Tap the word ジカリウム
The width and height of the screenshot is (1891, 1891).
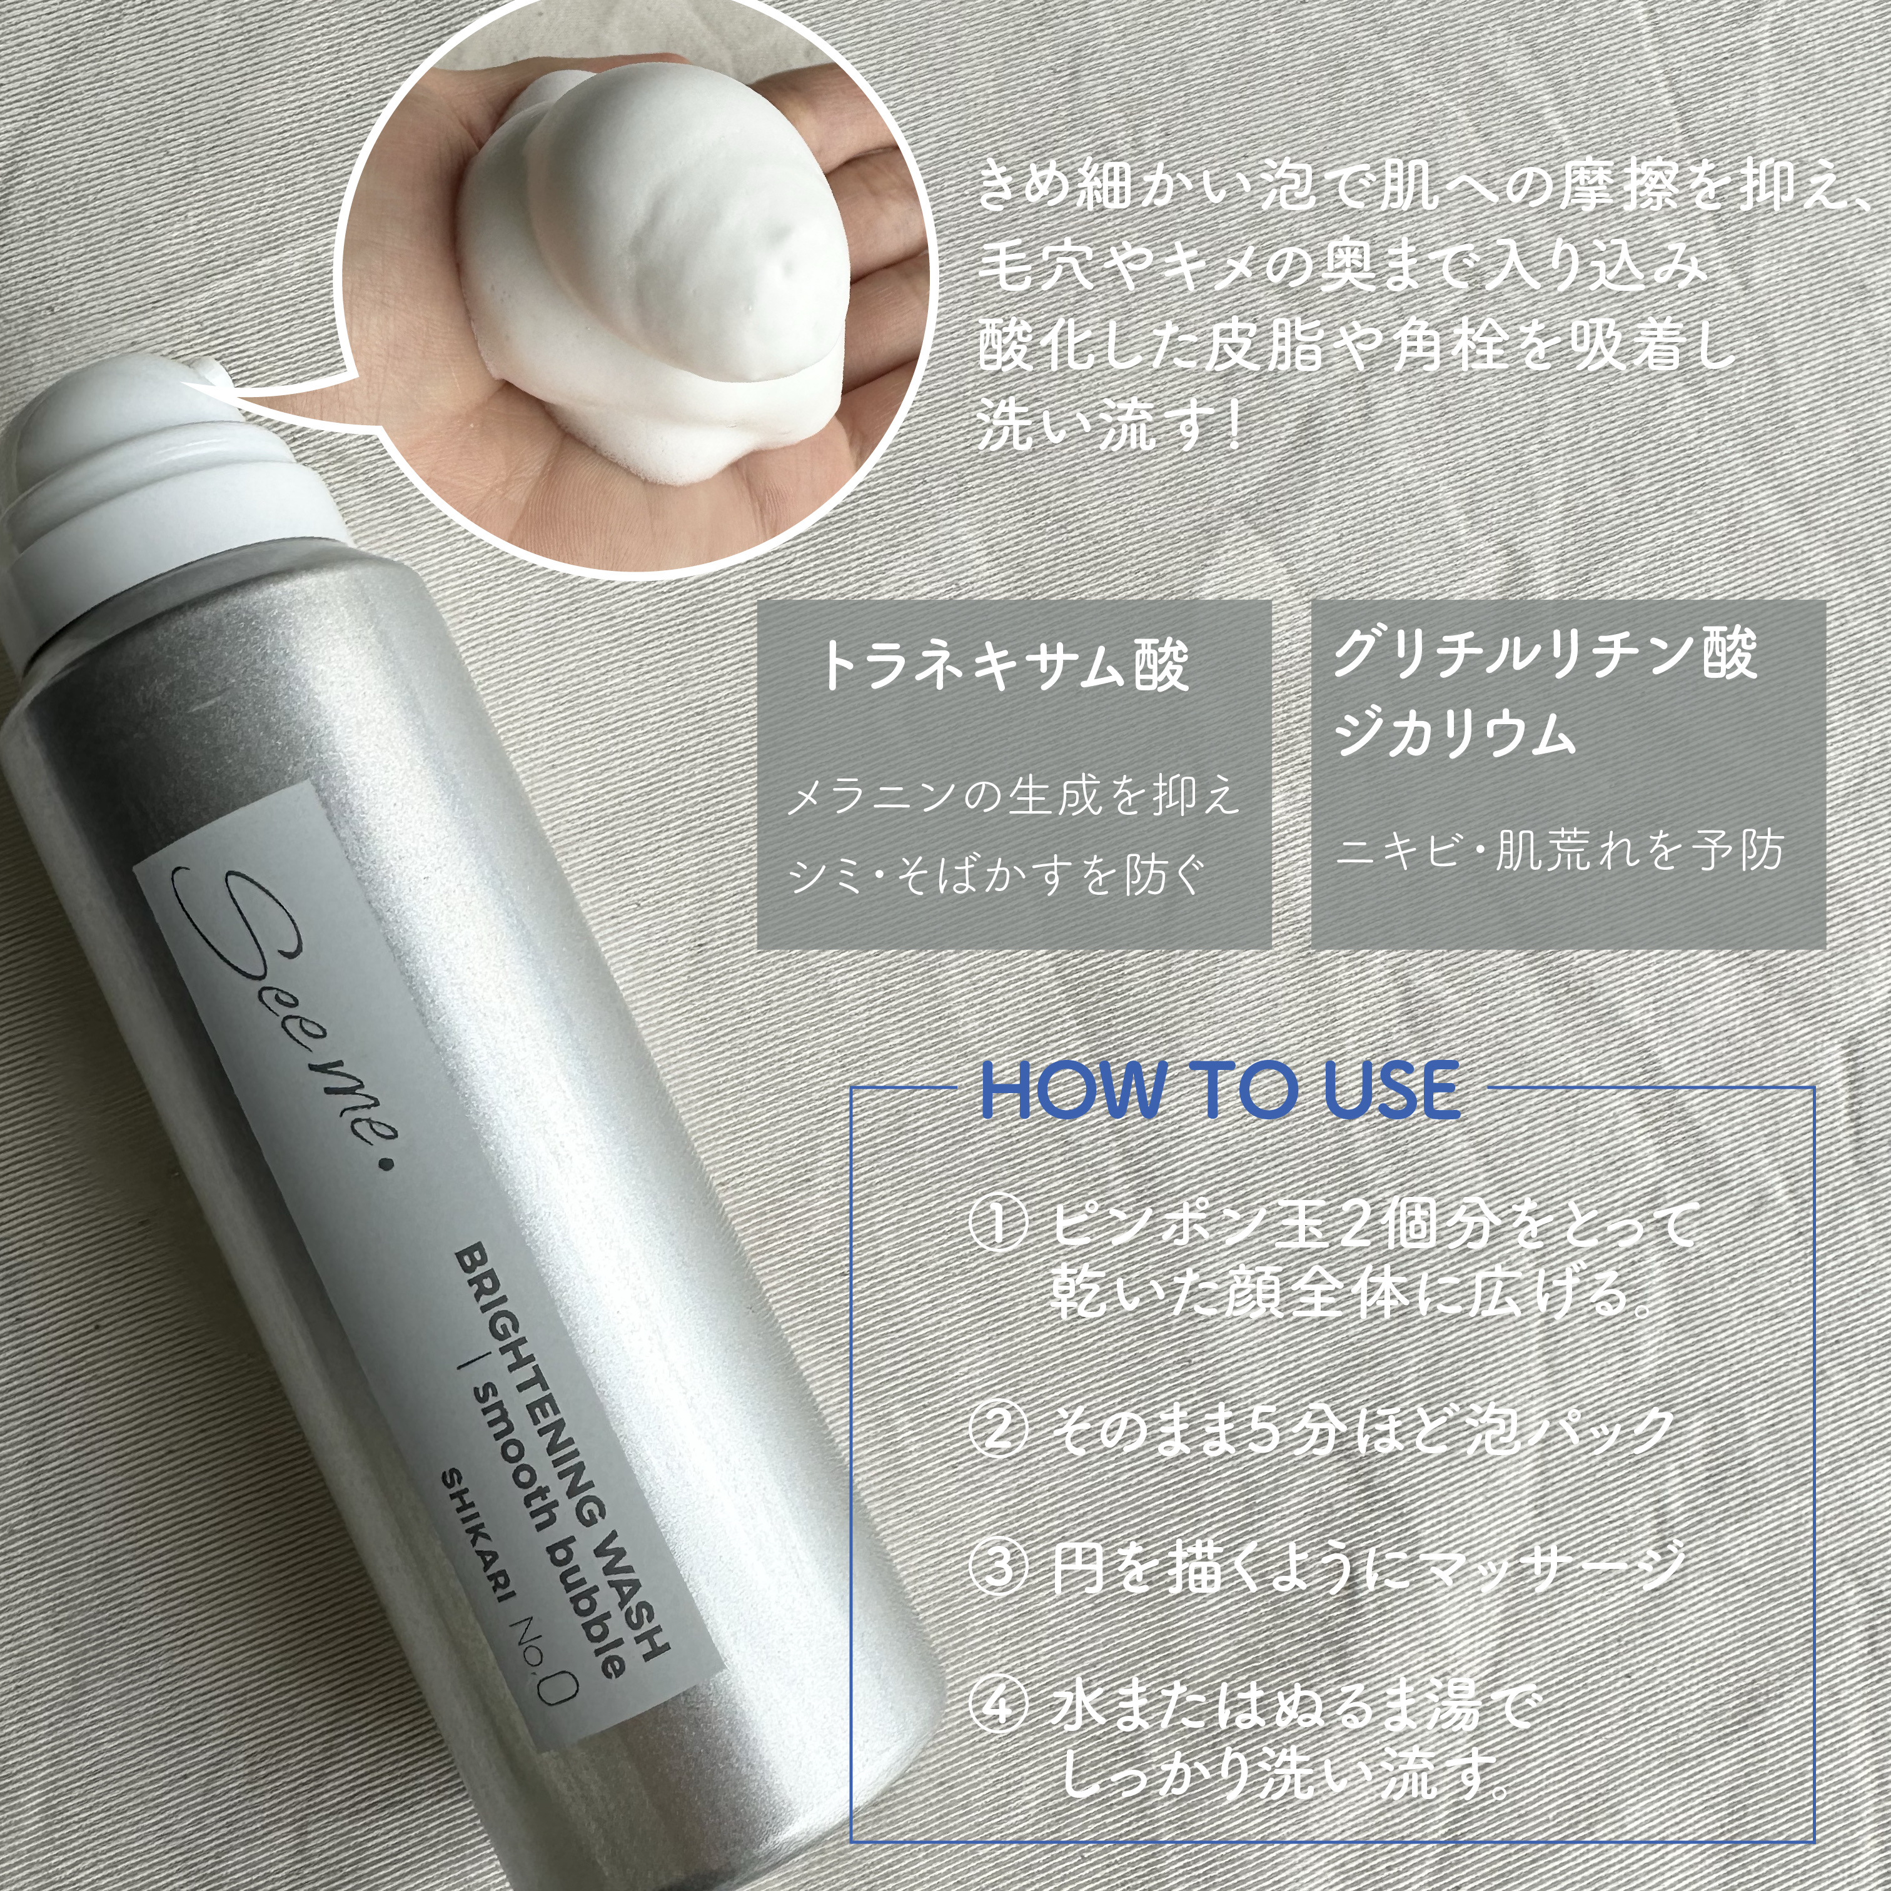point(1455,734)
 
